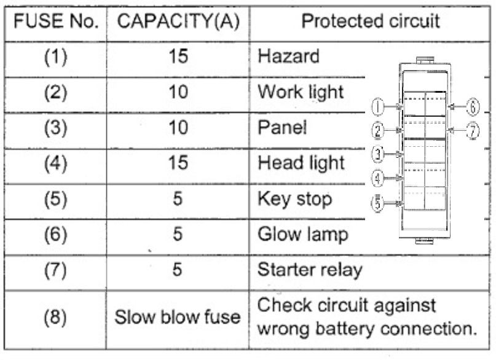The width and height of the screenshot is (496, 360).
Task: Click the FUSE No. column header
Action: coord(56,22)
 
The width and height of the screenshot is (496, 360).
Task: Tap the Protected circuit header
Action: coord(370,22)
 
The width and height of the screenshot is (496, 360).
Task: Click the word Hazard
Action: coord(288,57)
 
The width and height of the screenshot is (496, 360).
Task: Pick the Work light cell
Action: coord(300,92)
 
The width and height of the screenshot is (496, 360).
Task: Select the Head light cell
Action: coord(301,163)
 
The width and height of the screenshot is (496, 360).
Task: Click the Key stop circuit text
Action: coord(294,199)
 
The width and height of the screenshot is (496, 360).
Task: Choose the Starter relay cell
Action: coord(310,270)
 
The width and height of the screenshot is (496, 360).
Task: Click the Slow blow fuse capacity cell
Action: coord(178,317)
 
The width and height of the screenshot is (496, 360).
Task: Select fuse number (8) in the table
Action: coord(56,317)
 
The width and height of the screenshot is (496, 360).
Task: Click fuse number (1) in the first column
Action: coord(56,57)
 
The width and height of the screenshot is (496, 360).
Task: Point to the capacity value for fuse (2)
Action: coord(177,92)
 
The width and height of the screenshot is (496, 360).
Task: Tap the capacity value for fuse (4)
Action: coord(177,163)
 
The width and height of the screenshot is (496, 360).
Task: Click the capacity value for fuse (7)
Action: coord(177,270)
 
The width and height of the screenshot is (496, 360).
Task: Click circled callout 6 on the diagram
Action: coord(472,107)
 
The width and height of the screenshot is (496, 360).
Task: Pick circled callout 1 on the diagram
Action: coord(379,108)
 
